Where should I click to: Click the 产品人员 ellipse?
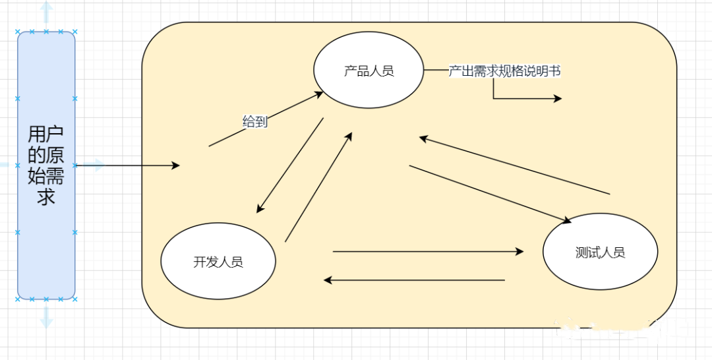pos(369,71)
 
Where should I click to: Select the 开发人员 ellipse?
pos(218,261)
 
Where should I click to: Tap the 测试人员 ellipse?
pos(599,253)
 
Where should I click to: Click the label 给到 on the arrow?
pos(255,121)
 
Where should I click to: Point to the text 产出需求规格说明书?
pos(504,71)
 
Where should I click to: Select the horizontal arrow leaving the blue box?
pos(125,165)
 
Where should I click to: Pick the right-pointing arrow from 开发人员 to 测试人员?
pos(429,251)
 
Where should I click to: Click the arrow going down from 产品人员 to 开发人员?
pos(290,165)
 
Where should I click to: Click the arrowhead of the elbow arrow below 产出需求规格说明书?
pos(557,99)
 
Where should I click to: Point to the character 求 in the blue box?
pos(45,196)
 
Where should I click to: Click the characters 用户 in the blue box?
pos(45,135)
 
